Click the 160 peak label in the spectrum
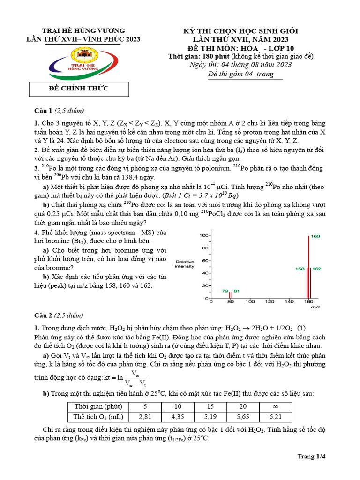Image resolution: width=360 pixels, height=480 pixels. tap(315, 236)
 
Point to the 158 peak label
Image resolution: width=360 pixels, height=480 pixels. tap(300, 269)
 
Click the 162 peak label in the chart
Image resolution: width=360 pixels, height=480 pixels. tap(316, 269)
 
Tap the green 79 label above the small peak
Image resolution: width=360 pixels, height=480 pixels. tap(225, 291)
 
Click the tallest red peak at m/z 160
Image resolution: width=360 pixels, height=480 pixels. tap(308, 267)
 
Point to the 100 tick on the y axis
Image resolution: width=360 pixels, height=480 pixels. tap(203, 235)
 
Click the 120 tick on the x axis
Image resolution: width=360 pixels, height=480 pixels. tap(270, 302)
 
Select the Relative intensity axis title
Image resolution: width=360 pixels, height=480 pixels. tap(185, 264)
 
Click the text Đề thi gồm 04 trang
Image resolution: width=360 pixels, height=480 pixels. tap(240, 74)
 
